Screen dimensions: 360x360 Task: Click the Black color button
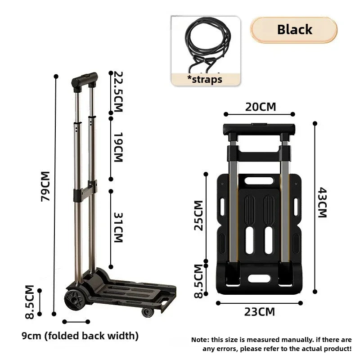[x=294, y=30]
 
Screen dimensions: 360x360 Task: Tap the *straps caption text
[x=205, y=79]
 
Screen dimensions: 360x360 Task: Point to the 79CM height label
[x=45, y=186]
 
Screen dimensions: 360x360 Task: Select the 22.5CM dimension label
[x=118, y=91]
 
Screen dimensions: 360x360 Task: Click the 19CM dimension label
[x=118, y=147]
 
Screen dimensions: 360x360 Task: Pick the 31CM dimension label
[x=118, y=227]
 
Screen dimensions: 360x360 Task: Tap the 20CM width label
[x=260, y=107]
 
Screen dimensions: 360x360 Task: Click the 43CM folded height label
[x=323, y=202]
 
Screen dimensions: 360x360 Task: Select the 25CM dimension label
[x=198, y=215]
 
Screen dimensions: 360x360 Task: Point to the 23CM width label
[x=259, y=311]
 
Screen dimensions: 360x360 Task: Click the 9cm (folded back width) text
[x=80, y=336]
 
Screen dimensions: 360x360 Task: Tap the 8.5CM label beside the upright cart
[x=30, y=302]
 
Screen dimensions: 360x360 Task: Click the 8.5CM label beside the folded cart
[x=198, y=281]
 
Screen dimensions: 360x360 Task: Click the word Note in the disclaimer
[x=200, y=340]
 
